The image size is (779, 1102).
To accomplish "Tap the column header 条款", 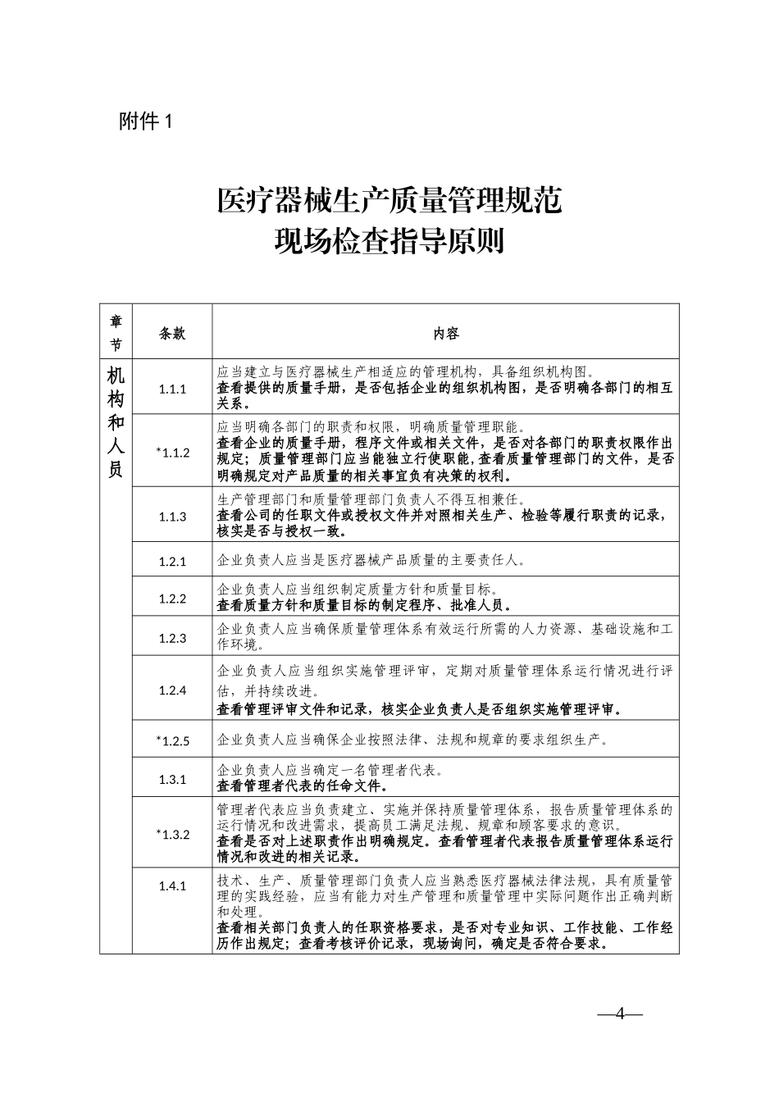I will (172, 333).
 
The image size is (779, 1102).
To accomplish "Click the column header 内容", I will (446, 333).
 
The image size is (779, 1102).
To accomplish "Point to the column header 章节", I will (116, 332).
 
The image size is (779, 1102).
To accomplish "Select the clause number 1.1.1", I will (172, 389).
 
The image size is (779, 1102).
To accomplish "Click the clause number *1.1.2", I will (172, 452).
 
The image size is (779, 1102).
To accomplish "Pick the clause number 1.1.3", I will (172, 516).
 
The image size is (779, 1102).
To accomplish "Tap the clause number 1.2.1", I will (172, 562).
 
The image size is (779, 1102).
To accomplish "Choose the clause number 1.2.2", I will (172, 599).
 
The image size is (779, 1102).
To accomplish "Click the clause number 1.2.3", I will (172, 638).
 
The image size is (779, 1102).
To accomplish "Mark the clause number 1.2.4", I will (172, 690).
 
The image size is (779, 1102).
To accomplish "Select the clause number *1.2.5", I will (172, 740).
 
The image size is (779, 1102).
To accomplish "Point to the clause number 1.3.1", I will (172, 779).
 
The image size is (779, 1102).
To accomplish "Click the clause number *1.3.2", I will (172, 834).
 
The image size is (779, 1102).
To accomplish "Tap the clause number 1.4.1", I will (172, 886).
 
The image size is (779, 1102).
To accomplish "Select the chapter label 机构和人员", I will (116, 423).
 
